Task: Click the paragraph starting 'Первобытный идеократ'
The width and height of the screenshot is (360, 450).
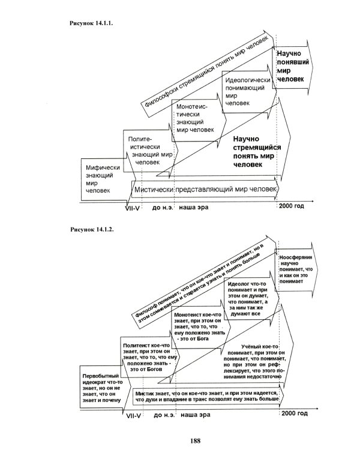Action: pos(98,387)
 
